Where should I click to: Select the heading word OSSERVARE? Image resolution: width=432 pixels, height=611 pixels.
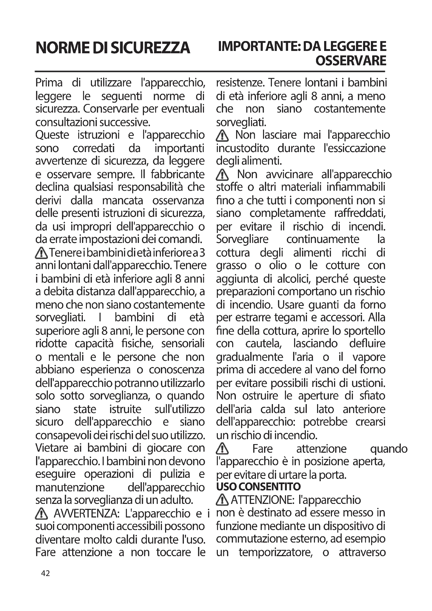[351, 61]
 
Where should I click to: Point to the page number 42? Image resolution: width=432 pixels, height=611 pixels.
[45, 573]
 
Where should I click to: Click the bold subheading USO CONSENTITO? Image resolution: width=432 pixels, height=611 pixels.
[258, 487]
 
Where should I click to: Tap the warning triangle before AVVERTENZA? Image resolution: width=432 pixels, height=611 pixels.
[41, 513]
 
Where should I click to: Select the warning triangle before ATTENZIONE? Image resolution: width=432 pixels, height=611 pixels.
[222, 500]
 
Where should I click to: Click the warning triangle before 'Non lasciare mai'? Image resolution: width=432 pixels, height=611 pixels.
[222, 136]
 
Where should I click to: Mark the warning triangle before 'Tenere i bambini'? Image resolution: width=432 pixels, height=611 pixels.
[41, 253]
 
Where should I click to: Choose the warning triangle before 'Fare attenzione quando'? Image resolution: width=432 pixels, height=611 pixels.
[222, 449]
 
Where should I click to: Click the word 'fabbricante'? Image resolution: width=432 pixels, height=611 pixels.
[177, 174]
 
